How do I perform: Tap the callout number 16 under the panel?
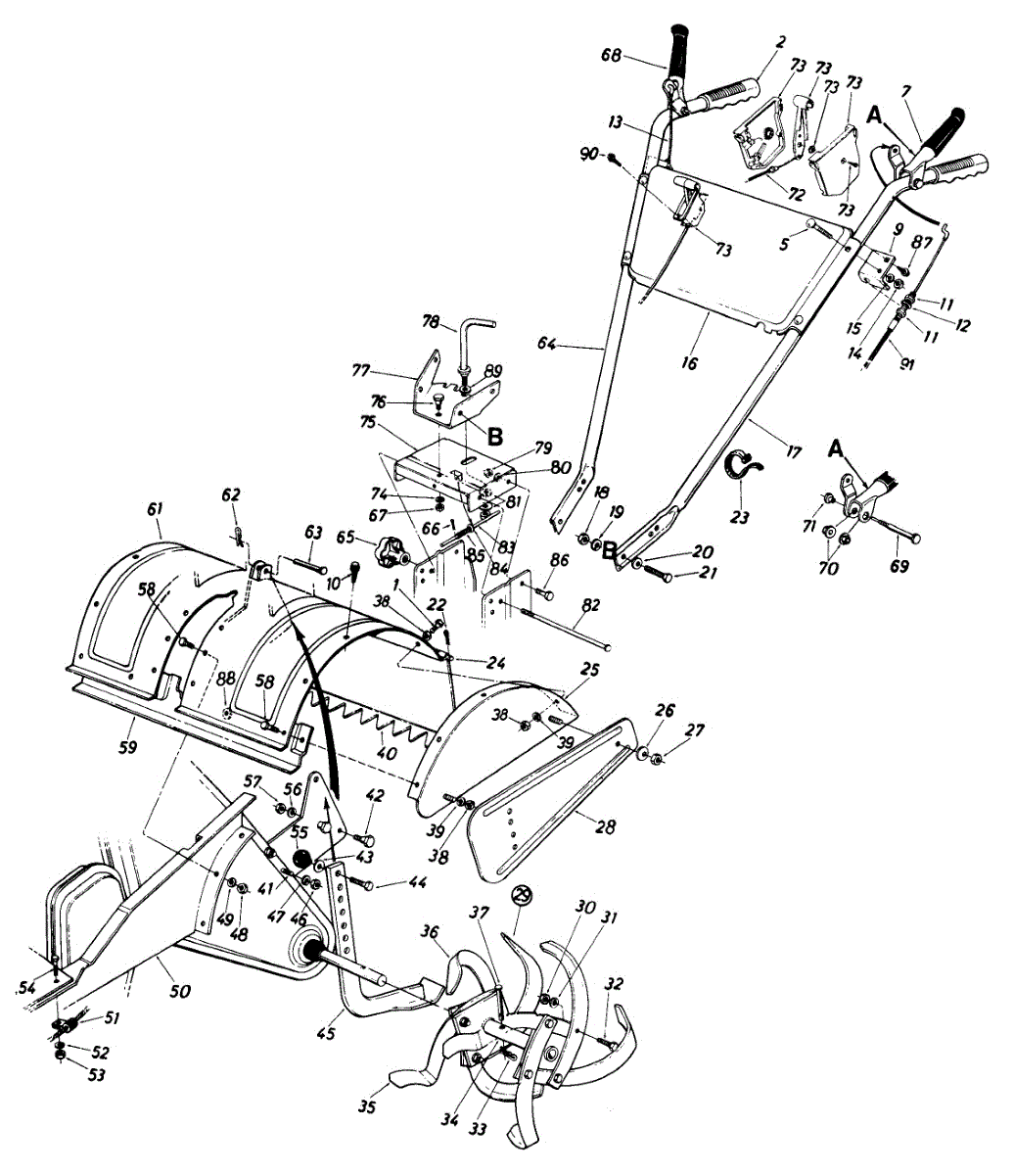pos(690,363)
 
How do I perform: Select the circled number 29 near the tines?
pos(522,895)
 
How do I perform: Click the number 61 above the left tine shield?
pos(155,508)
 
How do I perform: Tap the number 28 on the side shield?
pos(606,827)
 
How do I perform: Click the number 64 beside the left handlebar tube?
pos(547,344)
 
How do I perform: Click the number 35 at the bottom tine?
pos(367,1107)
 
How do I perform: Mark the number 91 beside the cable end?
pos(906,365)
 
